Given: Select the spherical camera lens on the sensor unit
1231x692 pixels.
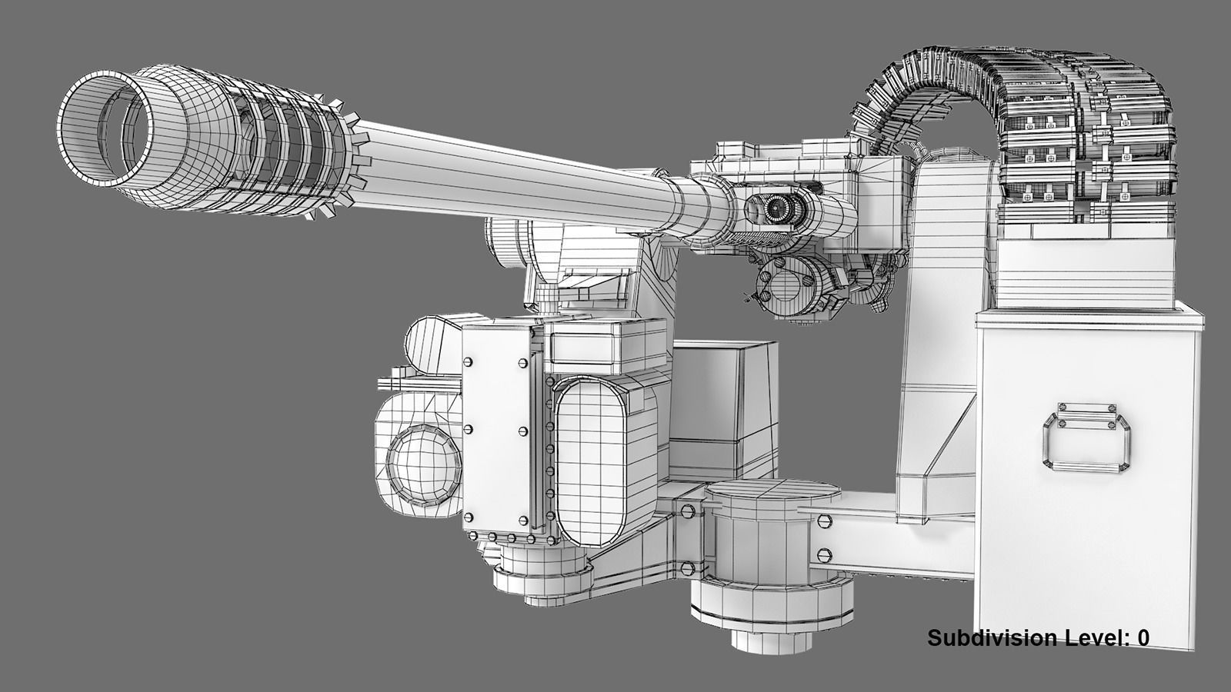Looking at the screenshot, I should pos(422,461).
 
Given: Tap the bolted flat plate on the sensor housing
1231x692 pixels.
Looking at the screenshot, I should pos(496,427).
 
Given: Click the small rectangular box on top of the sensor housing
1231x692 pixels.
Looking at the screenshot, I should pos(608,342).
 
